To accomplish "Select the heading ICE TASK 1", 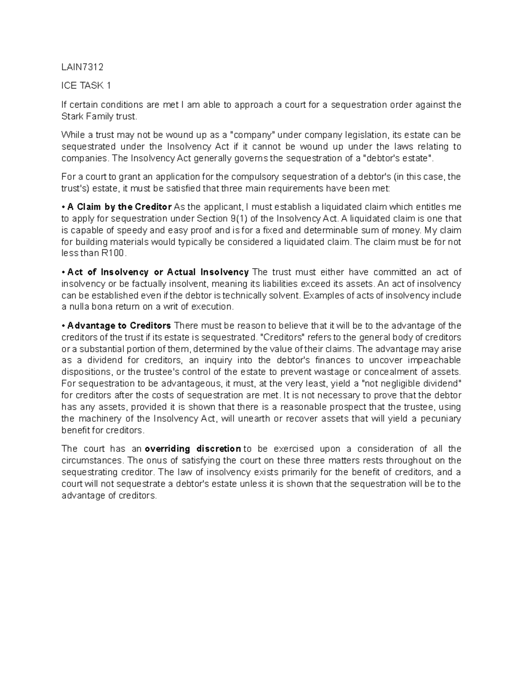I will click(86, 85).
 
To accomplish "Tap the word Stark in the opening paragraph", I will click(72, 116).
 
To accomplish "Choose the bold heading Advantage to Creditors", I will click(119, 326).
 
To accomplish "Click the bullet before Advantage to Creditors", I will click(64, 326).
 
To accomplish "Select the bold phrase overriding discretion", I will click(193, 449).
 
